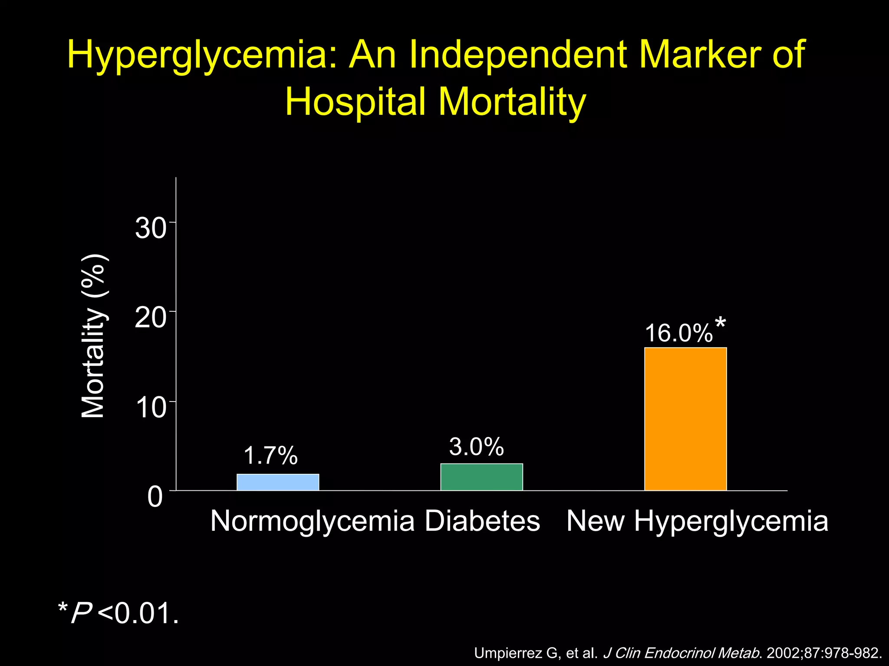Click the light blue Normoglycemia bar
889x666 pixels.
pyautogui.click(x=278, y=482)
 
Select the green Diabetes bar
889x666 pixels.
pyautogui.click(x=481, y=477)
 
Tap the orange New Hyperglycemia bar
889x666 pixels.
pyautogui.click(x=685, y=419)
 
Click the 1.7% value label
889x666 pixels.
pyautogui.click(x=270, y=456)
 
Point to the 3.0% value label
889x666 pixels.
pyautogui.click(x=476, y=447)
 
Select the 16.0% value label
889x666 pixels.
pyautogui.click(x=679, y=333)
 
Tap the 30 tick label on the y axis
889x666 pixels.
pyautogui.click(x=150, y=228)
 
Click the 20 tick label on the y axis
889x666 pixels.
pyautogui.click(x=150, y=318)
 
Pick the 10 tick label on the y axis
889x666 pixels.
pyautogui.click(x=150, y=408)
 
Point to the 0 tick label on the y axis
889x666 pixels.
pyautogui.click(x=155, y=497)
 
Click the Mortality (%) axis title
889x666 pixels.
pyautogui.click(x=93, y=336)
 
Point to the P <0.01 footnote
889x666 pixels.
pyautogui.click(x=118, y=613)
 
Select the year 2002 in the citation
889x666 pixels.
pyautogui.click(x=784, y=653)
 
